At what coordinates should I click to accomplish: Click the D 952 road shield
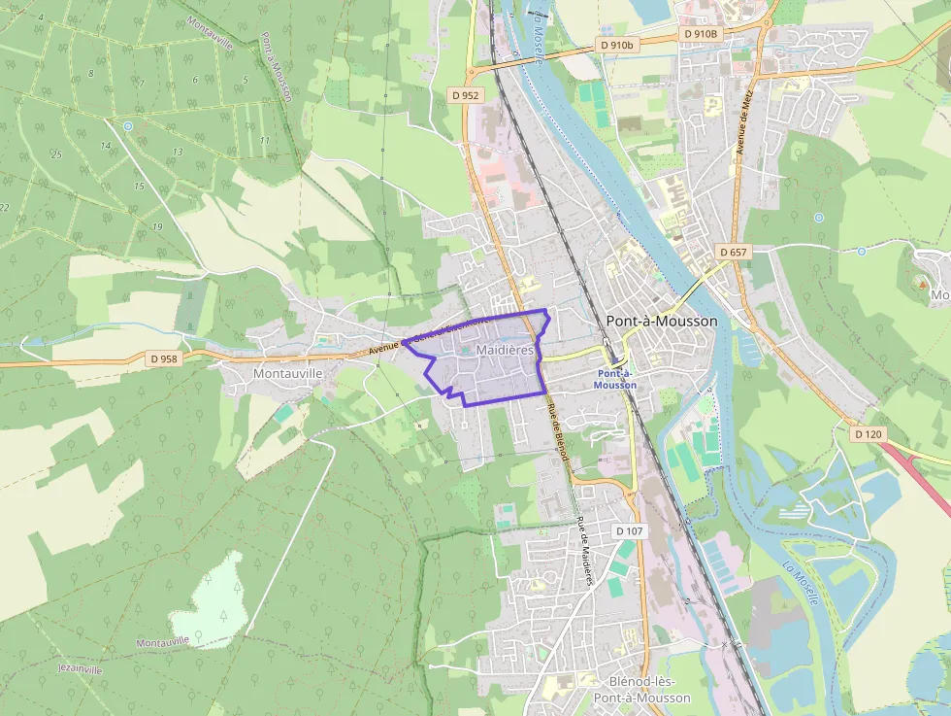click(x=466, y=95)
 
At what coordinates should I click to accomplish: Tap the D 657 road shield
click(x=733, y=252)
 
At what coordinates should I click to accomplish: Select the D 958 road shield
click(x=165, y=358)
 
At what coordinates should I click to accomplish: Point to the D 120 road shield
click(x=869, y=434)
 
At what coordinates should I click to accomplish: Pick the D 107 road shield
click(x=630, y=531)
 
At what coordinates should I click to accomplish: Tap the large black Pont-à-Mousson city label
click(x=661, y=321)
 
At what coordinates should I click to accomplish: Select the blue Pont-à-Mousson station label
click(x=615, y=379)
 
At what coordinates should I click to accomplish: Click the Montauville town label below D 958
click(x=286, y=372)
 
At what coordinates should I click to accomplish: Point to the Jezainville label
click(x=80, y=670)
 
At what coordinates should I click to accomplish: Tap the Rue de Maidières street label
click(x=584, y=551)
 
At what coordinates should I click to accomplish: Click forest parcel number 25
click(x=56, y=154)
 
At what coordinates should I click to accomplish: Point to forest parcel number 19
click(x=157, y=226)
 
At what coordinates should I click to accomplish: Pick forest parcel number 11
click(x=264, y=141)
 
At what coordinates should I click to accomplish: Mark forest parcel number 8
click(x=90, y=74)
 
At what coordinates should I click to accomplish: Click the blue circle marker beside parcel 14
click(x=127, y=125)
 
